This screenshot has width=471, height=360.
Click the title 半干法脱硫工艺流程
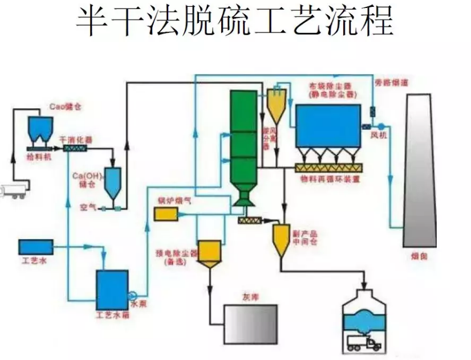click(234, 22)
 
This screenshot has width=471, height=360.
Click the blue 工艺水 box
click(35, 247)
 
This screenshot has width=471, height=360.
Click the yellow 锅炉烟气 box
click(166, 214)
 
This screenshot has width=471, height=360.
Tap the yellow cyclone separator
click(277, 105)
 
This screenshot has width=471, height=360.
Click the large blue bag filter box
click(327, 127)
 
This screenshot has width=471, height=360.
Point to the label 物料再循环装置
click(330, 178)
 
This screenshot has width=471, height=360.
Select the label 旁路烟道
click(386, 83)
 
